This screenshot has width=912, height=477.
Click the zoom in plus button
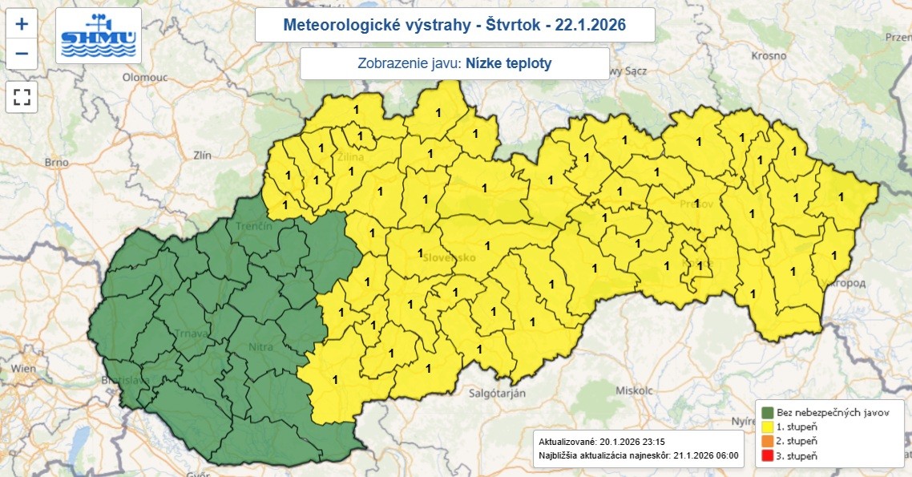[22, 24]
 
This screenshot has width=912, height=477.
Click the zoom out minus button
[22, 54]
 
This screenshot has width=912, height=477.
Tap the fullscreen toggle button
[22, 98]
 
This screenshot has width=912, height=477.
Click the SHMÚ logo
[99, 36]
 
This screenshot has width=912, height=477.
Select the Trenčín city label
[255, 227]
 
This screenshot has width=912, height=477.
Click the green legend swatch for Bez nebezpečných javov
[768, 412]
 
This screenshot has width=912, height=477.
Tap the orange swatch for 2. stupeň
[768, 441]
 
